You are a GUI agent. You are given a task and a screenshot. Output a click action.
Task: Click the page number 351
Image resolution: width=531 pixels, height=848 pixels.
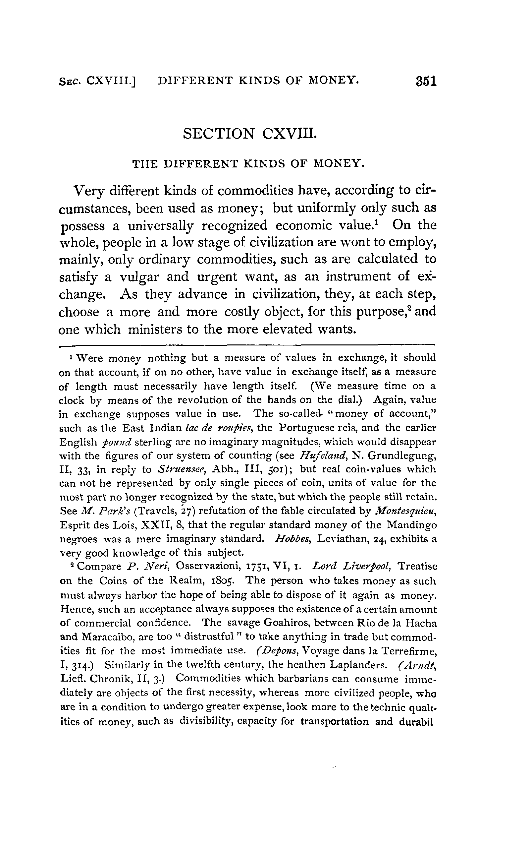[426, 81]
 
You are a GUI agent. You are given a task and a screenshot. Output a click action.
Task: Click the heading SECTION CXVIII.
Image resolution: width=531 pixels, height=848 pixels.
[250, 134]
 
